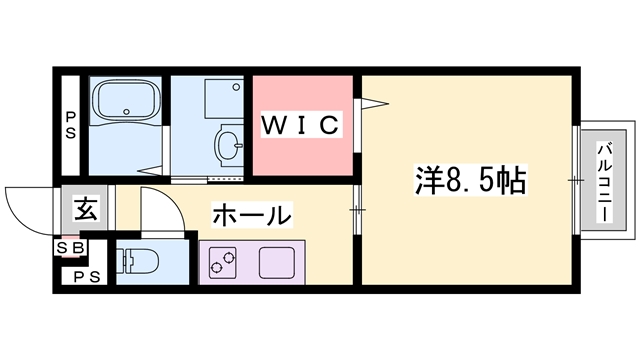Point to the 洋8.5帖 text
(470, 181)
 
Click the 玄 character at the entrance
(86, 210)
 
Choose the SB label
(71, 246)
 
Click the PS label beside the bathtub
(70, 126)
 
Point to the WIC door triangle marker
(371, 101)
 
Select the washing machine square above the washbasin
(222, 96)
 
